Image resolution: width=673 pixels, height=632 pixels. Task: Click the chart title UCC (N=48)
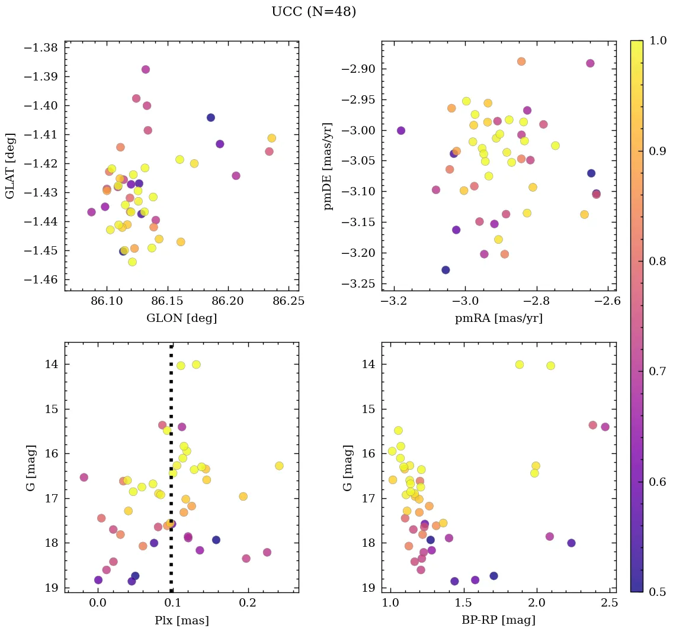(313, 12)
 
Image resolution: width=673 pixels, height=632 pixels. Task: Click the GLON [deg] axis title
(181, 318)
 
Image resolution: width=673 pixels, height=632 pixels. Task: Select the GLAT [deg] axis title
(11, 166)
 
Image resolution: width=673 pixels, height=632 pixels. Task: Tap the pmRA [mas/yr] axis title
(498, 318)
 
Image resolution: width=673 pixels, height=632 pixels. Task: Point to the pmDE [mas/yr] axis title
(328, 166)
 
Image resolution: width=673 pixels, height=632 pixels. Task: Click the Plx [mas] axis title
(181, 620)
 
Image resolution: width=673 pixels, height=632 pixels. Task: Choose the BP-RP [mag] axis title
(498, 620)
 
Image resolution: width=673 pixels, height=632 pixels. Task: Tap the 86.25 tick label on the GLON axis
(289, 301)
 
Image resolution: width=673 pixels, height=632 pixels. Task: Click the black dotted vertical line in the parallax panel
(171, 473)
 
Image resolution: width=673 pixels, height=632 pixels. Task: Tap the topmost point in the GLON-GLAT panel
(146, 70)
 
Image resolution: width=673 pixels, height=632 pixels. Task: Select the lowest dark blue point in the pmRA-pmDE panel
(446, 270)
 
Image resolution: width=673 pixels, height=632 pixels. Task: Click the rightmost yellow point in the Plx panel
(279, 466)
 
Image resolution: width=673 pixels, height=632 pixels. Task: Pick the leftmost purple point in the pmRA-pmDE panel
(401, 131)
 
